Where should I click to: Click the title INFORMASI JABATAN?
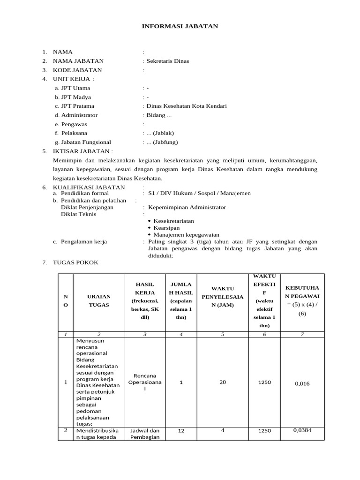[180, 27]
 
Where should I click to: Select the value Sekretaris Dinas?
[168, 61]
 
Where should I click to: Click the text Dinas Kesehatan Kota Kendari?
[187, 106]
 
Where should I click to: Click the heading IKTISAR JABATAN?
[82, 151]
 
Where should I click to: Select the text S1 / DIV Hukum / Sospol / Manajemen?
[199, 193]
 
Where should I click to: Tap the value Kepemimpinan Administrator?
[187, 207]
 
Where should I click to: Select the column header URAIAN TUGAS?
[99, 300]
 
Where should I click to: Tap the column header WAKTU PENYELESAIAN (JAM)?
[223, 297]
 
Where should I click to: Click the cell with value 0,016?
[302, 383]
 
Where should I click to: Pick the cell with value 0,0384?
[302, 430]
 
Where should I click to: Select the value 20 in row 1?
[223, 382]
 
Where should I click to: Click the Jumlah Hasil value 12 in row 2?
[181, 431]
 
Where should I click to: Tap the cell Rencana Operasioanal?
[145, 382]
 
